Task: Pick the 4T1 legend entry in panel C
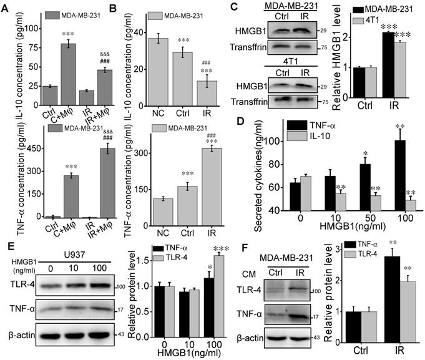(381, 23)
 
